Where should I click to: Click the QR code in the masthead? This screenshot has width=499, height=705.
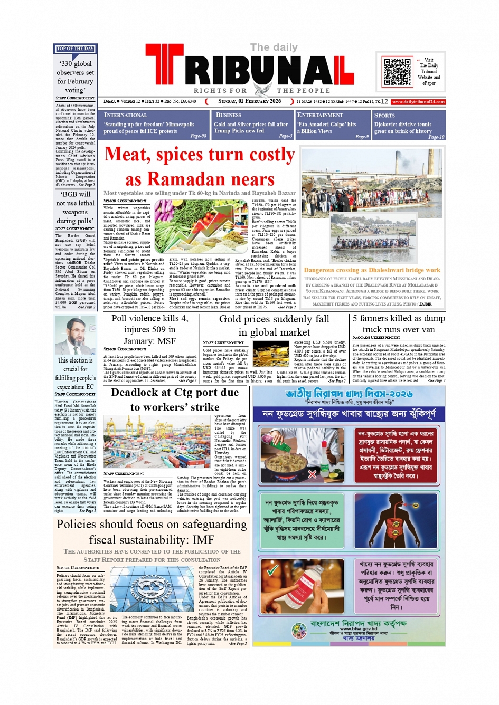pyautogui.click(x=397, y=72)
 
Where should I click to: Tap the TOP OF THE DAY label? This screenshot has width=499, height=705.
pyautogui.click(x=75, y=49)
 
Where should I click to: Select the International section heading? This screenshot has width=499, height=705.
pyautogui.click(x=126, y=115)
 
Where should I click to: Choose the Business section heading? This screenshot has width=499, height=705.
pyautogui.click(x=228, y=115)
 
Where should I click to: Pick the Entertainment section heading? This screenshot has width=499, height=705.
pyautogui.click(x=320, y=115)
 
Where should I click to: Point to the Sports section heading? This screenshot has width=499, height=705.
pyautogui.click(x=384, y=116)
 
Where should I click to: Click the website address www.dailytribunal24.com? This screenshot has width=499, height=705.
pyautogui.click(x=418, y=102)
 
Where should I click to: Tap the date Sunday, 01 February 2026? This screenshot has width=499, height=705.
pyautogui.click(x=250, y=101)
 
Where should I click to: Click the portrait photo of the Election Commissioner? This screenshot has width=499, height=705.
pyautogui.click(x=75, y=336)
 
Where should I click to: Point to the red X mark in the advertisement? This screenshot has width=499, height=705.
pyautogui.click(x=312, y=474)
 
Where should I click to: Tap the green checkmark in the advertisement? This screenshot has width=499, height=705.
pyautogui.click(x=272, y=570)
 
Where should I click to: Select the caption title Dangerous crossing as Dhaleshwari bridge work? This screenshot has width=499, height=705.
pyautogui.click(x=372, y=270)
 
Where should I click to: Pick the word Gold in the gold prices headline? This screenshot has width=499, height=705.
pyautogui.click(x=230, y=319)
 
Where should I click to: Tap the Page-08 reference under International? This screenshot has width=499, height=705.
pyautogui.click(x=198, y=136)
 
